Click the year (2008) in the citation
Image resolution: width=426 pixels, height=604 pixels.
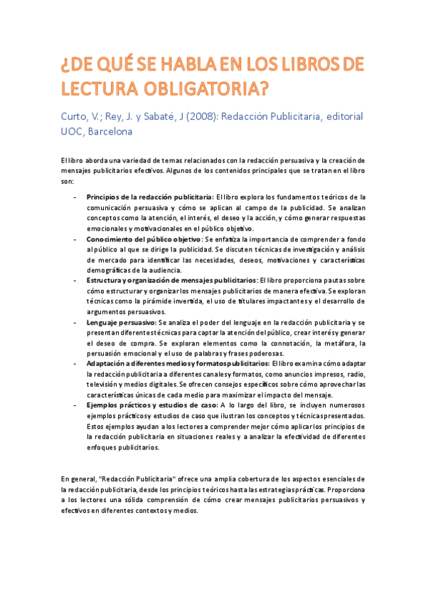point(179,116)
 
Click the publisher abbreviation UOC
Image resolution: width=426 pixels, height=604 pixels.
point(72,131)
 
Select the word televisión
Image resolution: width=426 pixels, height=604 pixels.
point(104,385)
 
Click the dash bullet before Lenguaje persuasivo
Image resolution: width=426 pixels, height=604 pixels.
point(75,323)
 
